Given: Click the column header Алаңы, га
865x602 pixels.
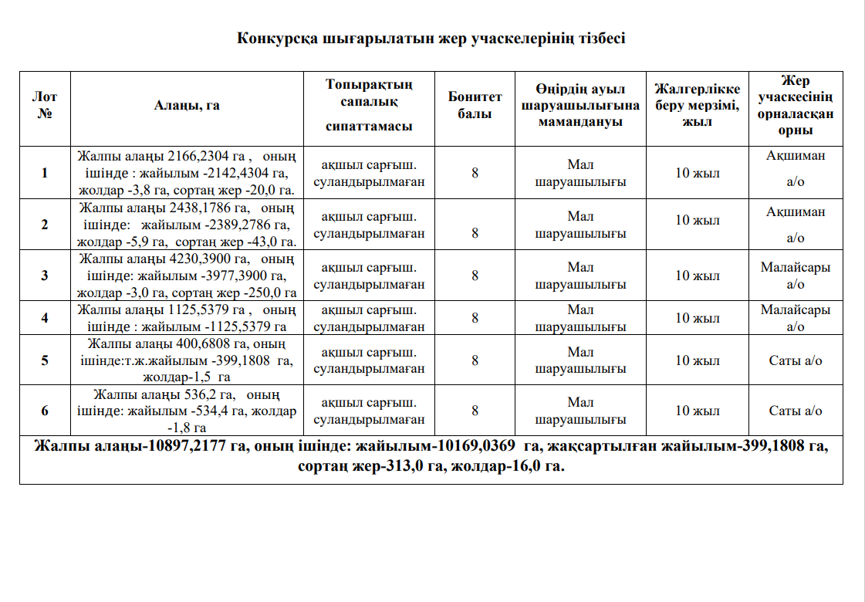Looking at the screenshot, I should [x=187, y=106].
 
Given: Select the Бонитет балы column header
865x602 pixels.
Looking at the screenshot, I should [x=475, y=105].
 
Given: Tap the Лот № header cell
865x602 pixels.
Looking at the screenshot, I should [x=45, y=105].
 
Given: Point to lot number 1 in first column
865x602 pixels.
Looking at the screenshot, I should [x=45, y=173].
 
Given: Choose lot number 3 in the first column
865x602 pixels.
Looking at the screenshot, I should [x=45, y=276].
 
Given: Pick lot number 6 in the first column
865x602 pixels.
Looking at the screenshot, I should [x=45, y=411].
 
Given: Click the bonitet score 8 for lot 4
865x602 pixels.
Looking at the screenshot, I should [x=475, y=317].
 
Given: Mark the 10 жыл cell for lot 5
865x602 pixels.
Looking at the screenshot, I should [x=697, y=360].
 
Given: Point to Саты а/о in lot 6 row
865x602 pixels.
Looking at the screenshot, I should [x=795, y=411].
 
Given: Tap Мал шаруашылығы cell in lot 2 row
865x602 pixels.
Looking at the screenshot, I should [x=580, y=225].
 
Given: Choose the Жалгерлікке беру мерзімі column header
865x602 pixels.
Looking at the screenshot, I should [x=697, y=105].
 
